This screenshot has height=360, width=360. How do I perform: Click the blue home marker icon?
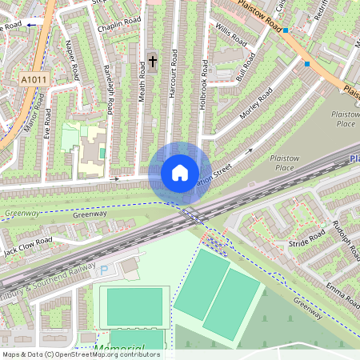click(180, 172)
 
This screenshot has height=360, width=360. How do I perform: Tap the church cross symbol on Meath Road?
click(152, 61)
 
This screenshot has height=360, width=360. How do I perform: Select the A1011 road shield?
click(34, 80)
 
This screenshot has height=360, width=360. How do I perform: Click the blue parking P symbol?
click(103, 271)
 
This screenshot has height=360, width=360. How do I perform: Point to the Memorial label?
click(119, 348)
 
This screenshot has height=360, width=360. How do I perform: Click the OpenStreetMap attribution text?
click(80, 354)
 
